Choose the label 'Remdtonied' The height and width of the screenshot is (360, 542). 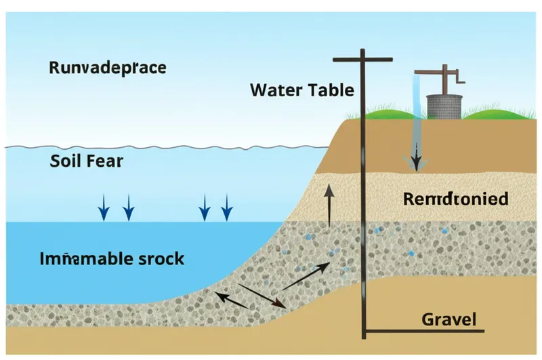455,199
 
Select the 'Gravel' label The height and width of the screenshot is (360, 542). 449,319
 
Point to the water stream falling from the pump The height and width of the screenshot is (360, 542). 417,108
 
